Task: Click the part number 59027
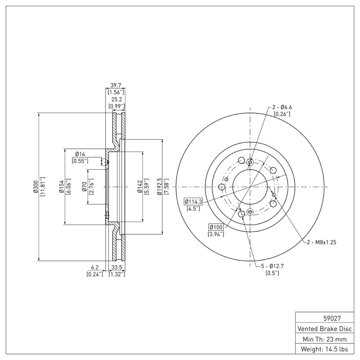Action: point(324,318)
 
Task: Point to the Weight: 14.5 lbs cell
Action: point(324,349)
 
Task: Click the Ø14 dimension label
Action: point(80,154)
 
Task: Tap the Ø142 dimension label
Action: point(139,187)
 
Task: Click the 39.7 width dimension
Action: point(117,85)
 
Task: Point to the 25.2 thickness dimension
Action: point(117,99)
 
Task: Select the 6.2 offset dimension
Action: point(94,267)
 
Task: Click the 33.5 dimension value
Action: point(117,267)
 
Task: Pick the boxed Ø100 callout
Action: point(216,227)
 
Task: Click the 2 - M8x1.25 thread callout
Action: point(322,242)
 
